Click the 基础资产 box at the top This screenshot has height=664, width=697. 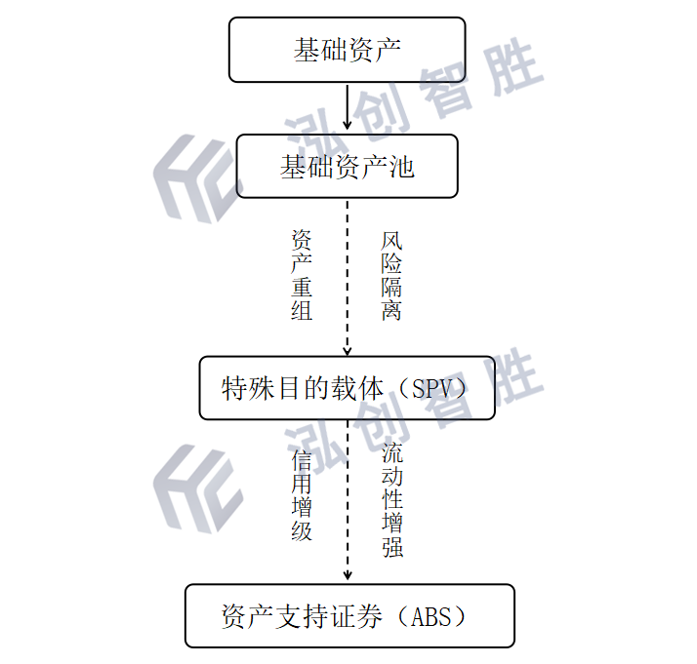tap(347, 50)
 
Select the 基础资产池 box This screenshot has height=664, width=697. tap(347, 167)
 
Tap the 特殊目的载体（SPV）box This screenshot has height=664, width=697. tap(347, 388)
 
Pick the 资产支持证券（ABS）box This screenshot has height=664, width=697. tap(348, 616)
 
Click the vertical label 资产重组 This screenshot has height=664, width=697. tap(302, 276)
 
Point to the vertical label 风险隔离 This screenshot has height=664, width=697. tap(391, 276)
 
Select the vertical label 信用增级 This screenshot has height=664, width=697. tap(302, 494)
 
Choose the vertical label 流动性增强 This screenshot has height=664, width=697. tap(392, 500)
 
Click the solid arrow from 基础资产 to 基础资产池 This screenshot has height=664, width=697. tap(348, 107)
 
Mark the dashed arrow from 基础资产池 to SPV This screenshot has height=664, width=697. tap(348, 278)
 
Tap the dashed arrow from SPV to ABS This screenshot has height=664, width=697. tap(348, 502)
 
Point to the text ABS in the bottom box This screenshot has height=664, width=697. tap(429, 617)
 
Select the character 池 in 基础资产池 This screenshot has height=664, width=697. tap(402, 167)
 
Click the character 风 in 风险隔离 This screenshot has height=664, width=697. tap(391, 240)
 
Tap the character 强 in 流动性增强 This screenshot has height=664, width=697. tap(392, 547)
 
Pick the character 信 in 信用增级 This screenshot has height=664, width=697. tap(302, 459)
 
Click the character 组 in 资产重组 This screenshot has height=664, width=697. tap(302, 312)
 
